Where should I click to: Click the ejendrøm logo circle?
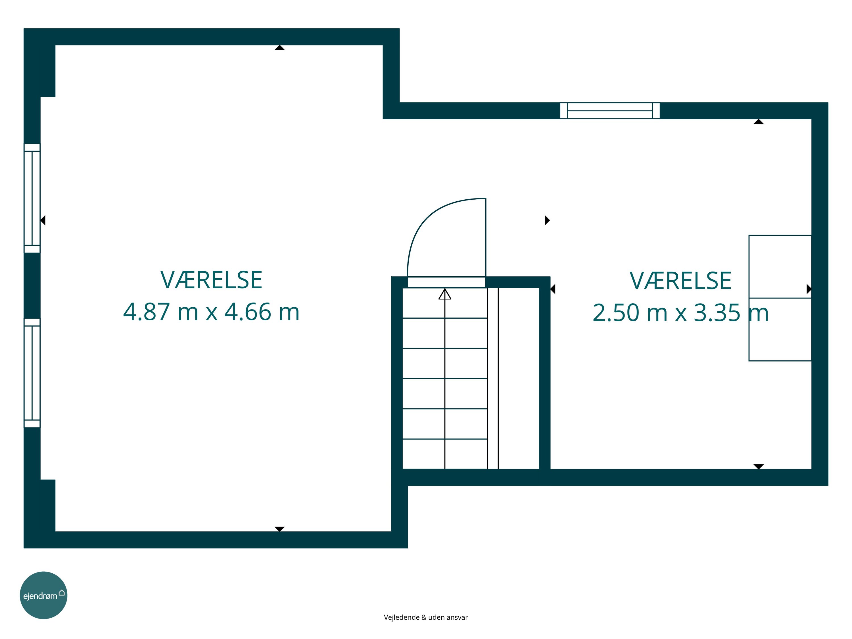[x=43, y=595]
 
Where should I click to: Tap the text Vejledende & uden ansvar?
[x=426, y=617]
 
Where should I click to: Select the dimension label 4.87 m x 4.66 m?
[x=211, y=312]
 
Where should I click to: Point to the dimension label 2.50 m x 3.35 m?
[x=680, y=313]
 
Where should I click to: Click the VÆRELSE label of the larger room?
[x=211, y=280]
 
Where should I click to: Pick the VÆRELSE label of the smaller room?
[x=680, y=281]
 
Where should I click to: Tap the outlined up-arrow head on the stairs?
[x=445, y=294]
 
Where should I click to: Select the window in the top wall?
[x=610, y=110]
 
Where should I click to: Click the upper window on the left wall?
[x=32, y=198]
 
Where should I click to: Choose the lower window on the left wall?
[x=32, y=373]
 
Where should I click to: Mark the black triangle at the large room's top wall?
[x=280, y=48]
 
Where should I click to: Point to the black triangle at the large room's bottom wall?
[x=280, y=529]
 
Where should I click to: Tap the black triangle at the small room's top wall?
[x=758, y=122]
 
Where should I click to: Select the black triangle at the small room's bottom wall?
[x=758, y=466]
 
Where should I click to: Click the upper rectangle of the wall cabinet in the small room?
[x=780, y=267]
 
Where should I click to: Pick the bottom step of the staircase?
[x=445, y=454]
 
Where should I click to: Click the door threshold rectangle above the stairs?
[x=446, y=282]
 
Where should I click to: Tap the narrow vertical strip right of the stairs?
[x=493, y=378]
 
